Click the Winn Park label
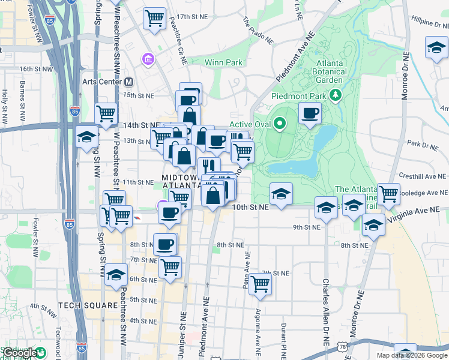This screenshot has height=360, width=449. pyautogui.click(x=223, y=62)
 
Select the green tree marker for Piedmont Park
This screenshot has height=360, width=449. pyautogui.click(x=336, y=94)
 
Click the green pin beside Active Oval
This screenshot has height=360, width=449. pyautogui.click(x=280, y=124)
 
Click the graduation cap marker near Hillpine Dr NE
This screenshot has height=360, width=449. pyautogui.click(x=435, y=47)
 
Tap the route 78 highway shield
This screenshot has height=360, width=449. pyautogui.click(x=342, y=347)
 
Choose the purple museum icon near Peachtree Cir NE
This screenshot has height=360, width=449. pyautogui.click(x=147, y=59)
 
